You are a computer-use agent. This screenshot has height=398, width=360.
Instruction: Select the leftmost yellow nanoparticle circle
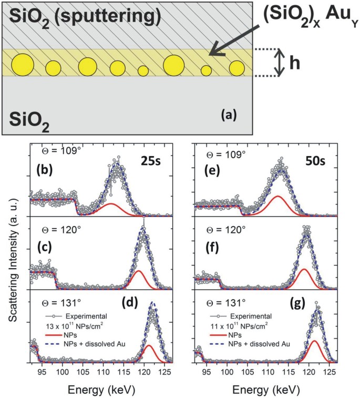23,64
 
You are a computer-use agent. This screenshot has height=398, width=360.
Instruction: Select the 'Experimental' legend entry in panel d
86,317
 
